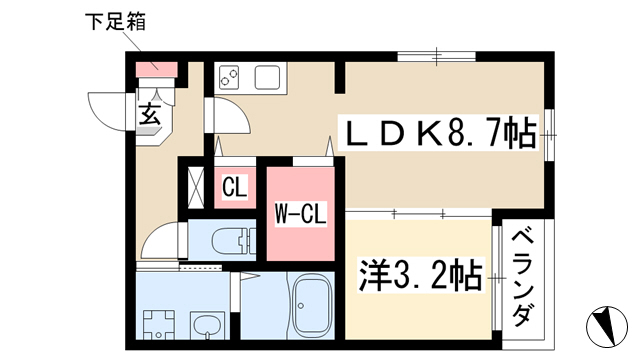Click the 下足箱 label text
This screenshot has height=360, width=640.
pyautogui.click(x=115, y=22)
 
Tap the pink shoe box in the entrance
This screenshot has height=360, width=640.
pyautogui.click(x=156, y=69)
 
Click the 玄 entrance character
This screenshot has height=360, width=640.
pyautogui.click(x=150, y=114)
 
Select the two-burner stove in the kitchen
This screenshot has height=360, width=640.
pyautogui.click(x=229, y=77)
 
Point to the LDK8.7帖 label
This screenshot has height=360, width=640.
pyautogui.click(x=440, y=133)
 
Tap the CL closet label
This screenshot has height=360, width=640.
pyautogui.click(x=235, y=187)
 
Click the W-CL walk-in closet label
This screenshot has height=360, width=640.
pyautogui.click(x=300, y=214)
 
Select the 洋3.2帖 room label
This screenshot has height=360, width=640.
pyautogui.click(x=420, y=275)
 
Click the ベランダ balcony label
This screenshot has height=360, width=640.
pyautogui.click(x=524, y=278)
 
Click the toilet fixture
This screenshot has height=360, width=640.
pyautogui.click(x=233, y=240)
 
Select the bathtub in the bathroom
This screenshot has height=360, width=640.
pyautogui.click(x=313, y=304)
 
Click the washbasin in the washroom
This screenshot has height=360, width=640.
pyautogui.click(x=208, y=326)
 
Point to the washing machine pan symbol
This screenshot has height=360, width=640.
pyautogui.click(x=159, y=325)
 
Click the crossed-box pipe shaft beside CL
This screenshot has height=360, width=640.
pyautogui.click(x=196, y=187)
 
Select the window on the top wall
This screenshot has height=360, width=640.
pyautogui.click(x=436, y=56)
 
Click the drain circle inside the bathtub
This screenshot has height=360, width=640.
pyautogui.click(x=301, y=305)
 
